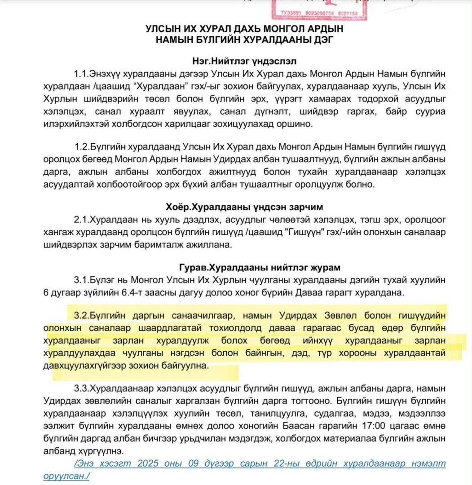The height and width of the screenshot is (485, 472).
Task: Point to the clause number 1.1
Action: tap(82, 73)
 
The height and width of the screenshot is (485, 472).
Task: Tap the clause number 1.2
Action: tap(82, 147)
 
